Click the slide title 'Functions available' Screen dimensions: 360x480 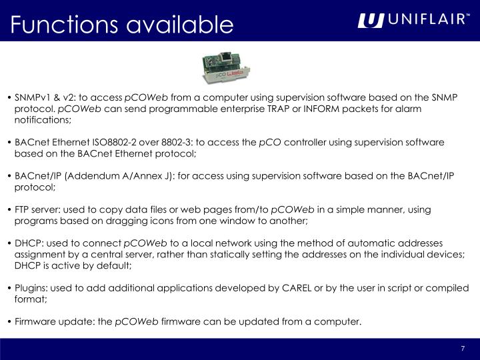click(122, 25)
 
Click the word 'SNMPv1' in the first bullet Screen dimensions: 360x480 click(31, 97)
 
